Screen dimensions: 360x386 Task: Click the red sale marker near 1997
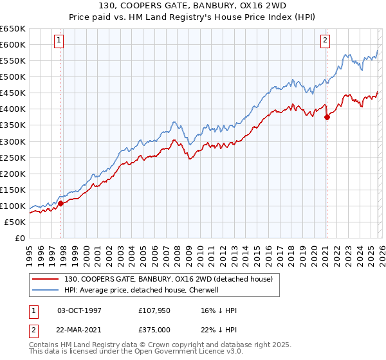61,203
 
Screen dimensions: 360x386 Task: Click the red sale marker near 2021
327,117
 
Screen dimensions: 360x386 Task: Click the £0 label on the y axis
19,238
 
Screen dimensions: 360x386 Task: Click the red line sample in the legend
45,279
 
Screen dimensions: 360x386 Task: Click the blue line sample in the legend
45,290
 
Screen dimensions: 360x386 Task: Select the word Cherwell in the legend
221,290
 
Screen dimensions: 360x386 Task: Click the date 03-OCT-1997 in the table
80,310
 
